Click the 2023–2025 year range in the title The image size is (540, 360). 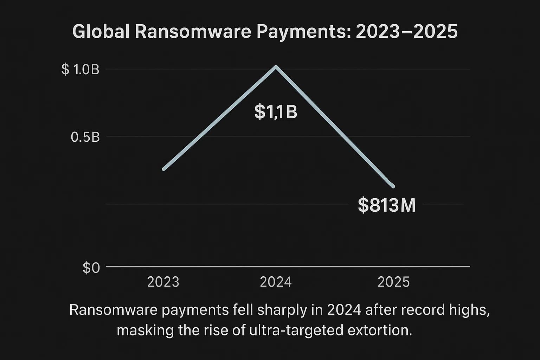406,32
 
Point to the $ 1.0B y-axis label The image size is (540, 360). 81,70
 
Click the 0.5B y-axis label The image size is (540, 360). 85,137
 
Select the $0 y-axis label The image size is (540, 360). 91,268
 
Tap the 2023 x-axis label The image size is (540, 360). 163,282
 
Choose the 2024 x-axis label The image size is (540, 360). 276,282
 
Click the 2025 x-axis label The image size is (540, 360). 393,282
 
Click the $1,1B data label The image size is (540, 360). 276,112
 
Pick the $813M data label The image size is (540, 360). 387,205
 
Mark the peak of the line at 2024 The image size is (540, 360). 276,66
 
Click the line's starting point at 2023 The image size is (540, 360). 164,169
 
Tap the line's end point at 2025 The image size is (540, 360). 393,186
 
